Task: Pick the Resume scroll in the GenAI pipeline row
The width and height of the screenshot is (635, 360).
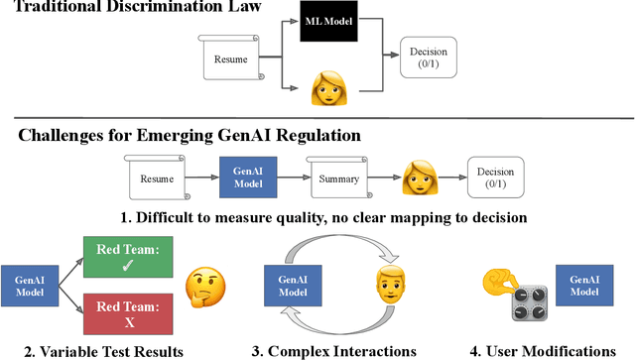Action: point(159,180)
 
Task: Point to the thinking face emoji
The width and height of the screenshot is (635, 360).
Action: point(203,287)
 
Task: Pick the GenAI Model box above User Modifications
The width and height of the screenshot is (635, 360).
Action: point(582,286)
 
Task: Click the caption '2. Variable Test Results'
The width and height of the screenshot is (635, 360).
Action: point(104,350)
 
